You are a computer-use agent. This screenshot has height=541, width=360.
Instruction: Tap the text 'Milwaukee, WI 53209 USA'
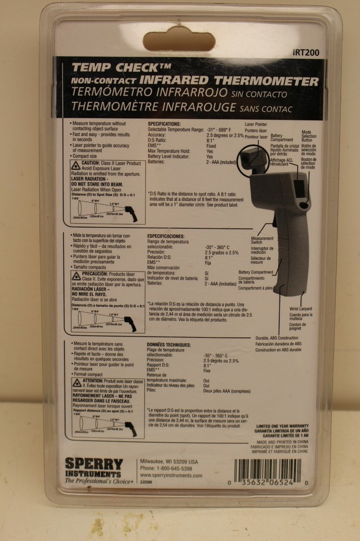[x=169, y=461]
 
